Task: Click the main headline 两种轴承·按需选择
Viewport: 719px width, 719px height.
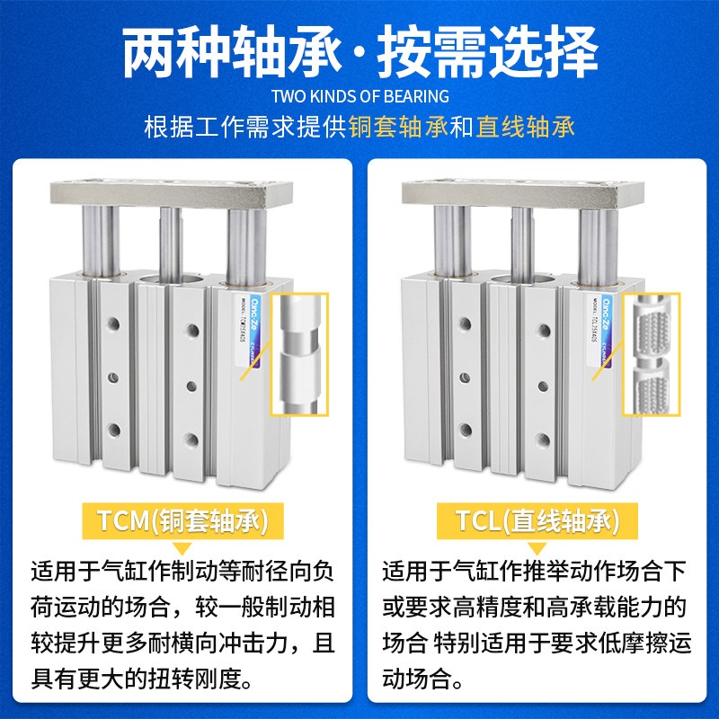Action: [359, 52]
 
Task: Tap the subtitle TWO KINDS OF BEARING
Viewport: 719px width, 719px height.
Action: [359, 96]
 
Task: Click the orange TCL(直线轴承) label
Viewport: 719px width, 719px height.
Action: [537, 521]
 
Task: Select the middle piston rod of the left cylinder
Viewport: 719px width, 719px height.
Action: [171, 238]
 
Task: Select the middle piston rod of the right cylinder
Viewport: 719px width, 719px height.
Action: [523, 238]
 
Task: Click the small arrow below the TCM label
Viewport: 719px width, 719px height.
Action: [183, 546]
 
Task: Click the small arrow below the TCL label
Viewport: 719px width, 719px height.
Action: [537, 546]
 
